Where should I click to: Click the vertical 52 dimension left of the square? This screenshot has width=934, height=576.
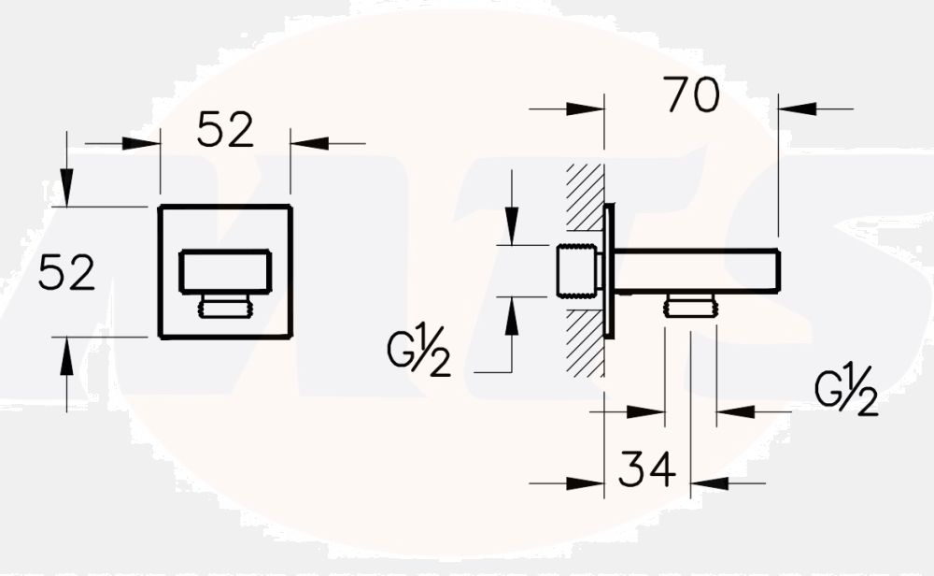point(66,273)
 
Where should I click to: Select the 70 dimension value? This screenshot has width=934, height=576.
point(691,95)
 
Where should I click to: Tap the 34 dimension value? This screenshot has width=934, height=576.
point(646,468)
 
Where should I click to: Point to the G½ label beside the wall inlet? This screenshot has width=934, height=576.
point(419,353)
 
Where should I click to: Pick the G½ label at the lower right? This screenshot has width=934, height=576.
point(846,393)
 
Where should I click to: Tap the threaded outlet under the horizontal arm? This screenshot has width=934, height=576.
point(690,305)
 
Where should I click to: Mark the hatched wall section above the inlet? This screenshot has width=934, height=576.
point(585,198)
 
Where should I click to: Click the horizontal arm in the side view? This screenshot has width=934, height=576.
point(696,270)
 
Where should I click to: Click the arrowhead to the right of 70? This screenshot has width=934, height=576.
point(793,109)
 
